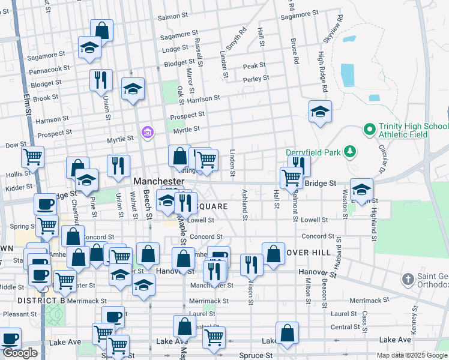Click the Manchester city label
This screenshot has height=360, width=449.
[158, 181]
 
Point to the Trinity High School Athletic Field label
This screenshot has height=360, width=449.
[413, 130]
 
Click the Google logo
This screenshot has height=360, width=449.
[20, 353]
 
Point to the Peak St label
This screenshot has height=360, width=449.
[254, 65]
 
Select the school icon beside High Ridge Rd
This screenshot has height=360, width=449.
[321, 112]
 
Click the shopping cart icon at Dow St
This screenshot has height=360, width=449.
[32, 157]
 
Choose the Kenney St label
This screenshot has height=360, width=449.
[414, 321]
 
